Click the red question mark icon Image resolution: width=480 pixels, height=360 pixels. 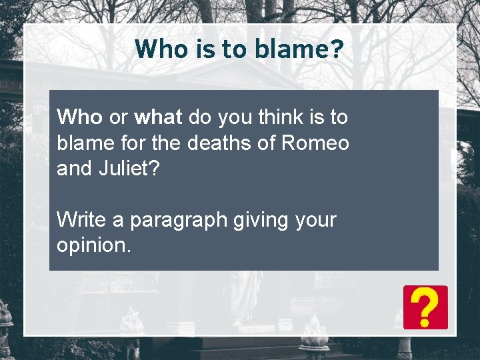click(425, 307)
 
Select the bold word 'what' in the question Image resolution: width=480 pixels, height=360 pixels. click(158, 117)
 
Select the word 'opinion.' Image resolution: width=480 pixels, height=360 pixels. click(94, 245)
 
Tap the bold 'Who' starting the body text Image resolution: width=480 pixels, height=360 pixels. click(79, 117)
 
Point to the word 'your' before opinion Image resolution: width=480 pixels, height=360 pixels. click(314, 220)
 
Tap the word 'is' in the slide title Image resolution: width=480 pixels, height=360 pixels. click(199, 49)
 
